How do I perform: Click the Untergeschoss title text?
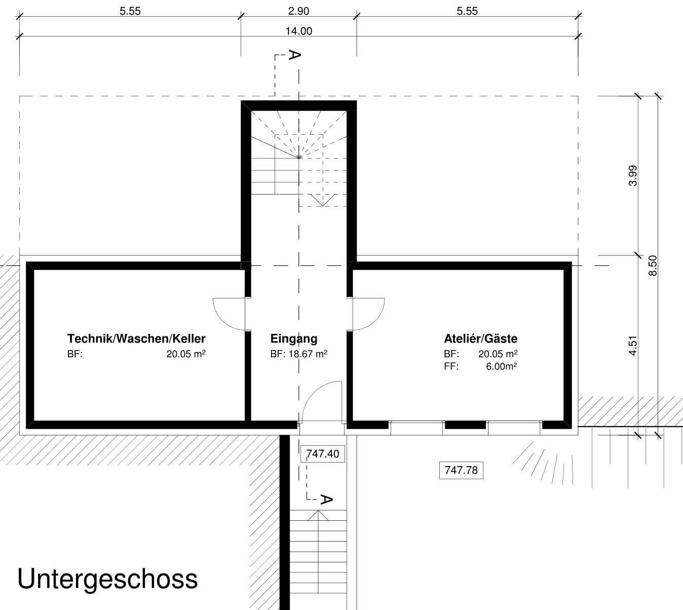(x=107, y=579)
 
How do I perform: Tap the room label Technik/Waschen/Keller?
(x=136, y=338)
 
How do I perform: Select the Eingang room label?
(x=293, y=338)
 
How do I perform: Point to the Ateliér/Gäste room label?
(x=480, y=338)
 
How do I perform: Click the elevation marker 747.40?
(x=322, y=453)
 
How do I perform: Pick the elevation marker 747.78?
(x=461, y=470)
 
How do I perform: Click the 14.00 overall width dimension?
(x=298, y=31)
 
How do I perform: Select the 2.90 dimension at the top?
(x=298, y=11)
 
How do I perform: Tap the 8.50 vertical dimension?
(x=653, y=265)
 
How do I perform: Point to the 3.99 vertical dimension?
(x=632, y=176)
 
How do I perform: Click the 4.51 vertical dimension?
(x=632, y=346)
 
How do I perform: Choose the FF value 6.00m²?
(x=501, y=366)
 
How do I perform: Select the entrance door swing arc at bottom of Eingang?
(x=318, y=398)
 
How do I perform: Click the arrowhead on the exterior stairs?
(x=318, y=515)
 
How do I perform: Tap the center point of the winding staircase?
(x=299, y=158)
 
